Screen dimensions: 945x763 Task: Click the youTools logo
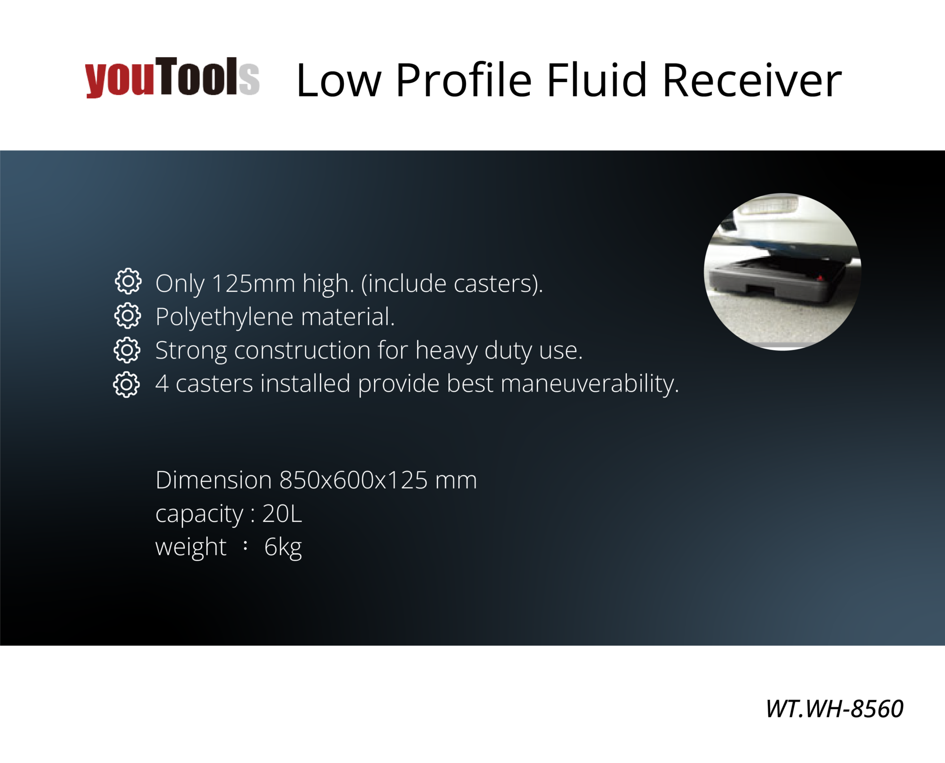172,77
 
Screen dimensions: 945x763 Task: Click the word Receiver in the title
752,80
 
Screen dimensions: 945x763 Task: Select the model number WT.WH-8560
834,709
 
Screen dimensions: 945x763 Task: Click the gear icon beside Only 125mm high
128,282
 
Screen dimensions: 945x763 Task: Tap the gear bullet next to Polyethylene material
128,316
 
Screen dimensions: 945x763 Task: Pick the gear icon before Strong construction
127,350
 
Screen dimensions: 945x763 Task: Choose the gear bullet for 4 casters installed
127,384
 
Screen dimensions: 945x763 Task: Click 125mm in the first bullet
253,283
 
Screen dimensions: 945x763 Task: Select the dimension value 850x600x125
353,480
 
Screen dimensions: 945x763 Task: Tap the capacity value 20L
282,514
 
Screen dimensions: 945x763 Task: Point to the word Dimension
214,480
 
